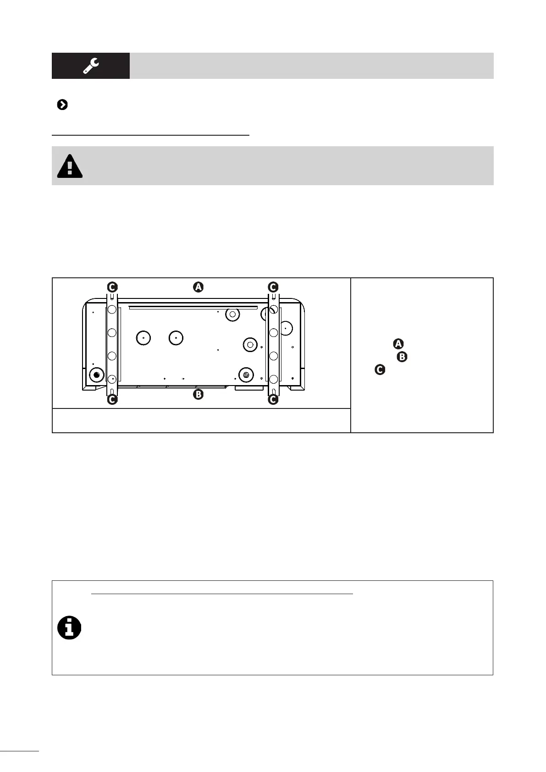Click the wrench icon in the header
[91, 66]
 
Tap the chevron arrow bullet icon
[62, 105]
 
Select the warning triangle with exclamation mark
[70, 166]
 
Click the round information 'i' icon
[69, 628]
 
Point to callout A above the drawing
[198, 287]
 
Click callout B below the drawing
[198, 394]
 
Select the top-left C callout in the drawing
[112, 287]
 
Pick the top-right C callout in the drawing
[273, 287]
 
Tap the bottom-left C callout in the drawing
[112, 400]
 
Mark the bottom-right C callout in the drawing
[273, 400]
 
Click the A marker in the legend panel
[398, 344]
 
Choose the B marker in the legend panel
[402, 357]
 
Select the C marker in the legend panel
[380, 369]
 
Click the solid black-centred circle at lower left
[96, 375]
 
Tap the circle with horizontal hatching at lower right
[246, 375]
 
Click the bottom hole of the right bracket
[273, 379]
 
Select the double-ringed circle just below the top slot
[232, 314]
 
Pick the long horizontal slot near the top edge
[193, 308]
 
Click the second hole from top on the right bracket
[273, 332]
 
